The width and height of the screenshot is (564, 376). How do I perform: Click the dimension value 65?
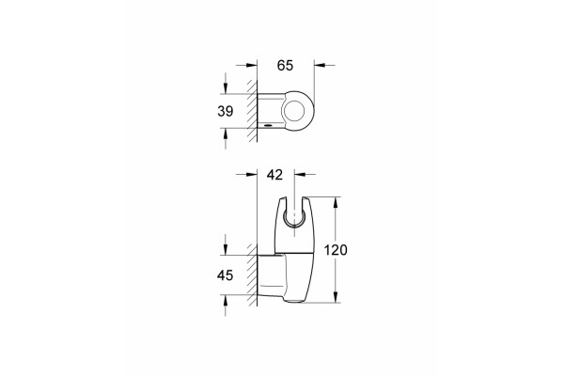285,66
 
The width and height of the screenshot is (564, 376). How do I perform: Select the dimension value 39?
226,112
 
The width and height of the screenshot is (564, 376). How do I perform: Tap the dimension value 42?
274,175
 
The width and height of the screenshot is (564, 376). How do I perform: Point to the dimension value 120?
336,250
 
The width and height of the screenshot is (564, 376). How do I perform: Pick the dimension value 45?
226,275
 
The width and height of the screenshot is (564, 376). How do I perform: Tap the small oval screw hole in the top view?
268,126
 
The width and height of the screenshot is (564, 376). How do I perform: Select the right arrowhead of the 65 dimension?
319,65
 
